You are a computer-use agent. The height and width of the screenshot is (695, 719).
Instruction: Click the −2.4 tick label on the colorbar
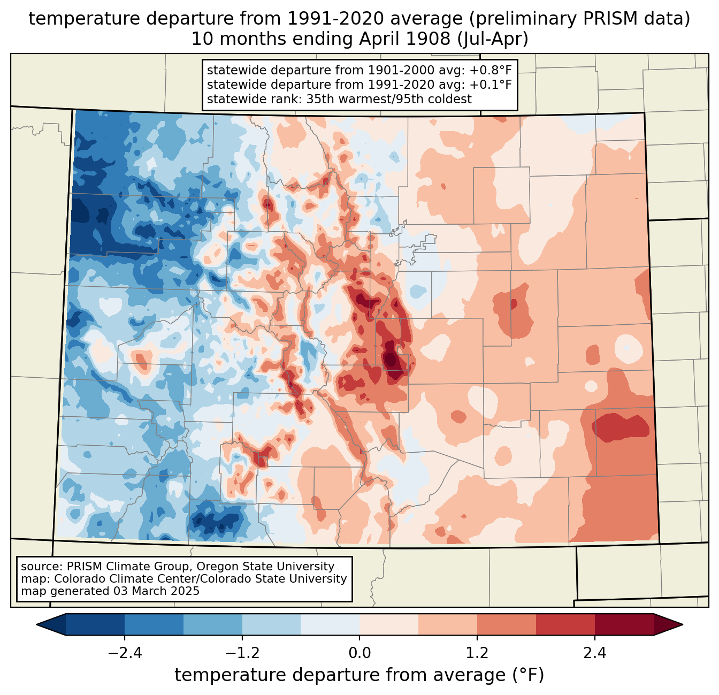pyautogui.click(x=125, y=653)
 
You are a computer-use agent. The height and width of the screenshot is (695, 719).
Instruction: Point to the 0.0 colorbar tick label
pyautogui.click(x=359, y=653)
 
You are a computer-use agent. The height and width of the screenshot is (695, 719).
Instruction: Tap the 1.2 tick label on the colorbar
pyautogui.click(x=477, y=653)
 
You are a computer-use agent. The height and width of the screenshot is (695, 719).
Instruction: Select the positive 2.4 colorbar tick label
pyautogui.click(x=594, y=653)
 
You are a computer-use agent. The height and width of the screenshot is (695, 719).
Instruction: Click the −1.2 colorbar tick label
pyautogui.click(x=242, y=653)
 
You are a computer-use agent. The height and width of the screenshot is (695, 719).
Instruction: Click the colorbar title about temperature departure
pyautogui.click(x=359, y=675)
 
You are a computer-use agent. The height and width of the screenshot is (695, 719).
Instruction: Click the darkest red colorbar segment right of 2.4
pyautogui.click(x=624, y=624)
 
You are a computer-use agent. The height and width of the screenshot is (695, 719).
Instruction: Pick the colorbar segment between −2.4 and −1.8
pyautogui.click(x=154, y=624)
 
